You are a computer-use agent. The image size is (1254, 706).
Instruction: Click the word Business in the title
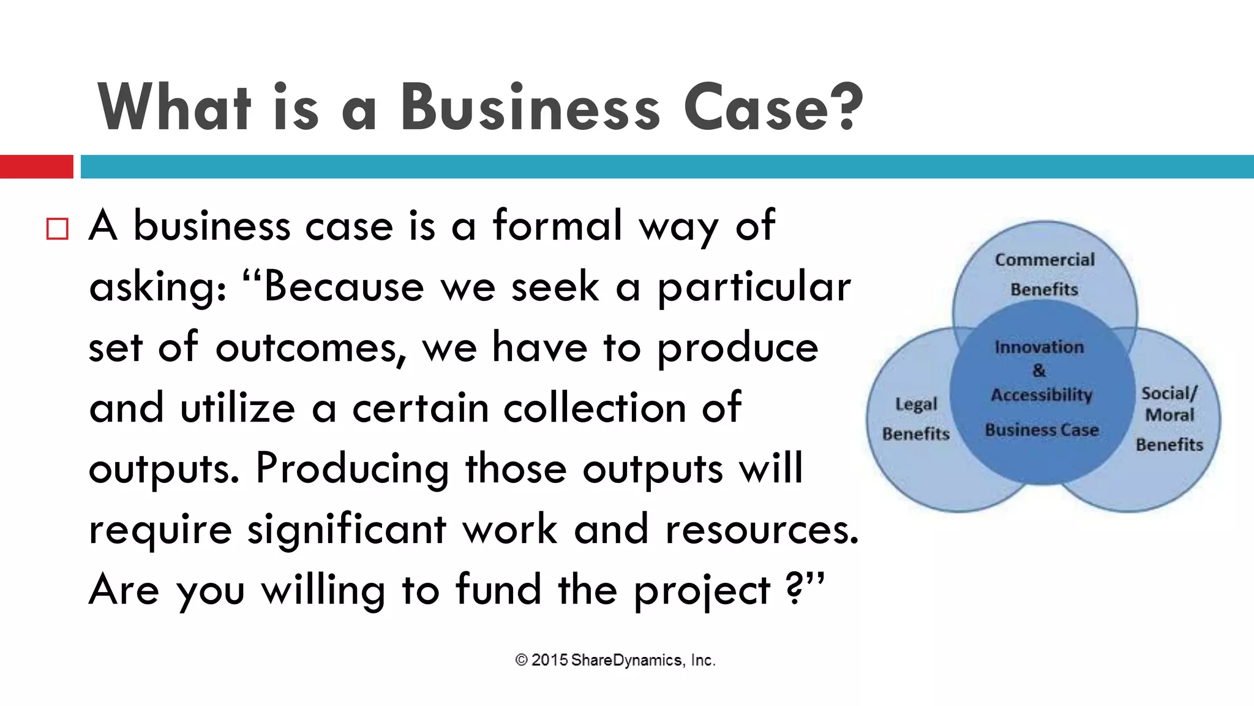click(530, 107)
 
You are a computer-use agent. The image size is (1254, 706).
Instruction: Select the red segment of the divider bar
click(36, 167)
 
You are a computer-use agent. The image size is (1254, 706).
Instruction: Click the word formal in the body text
click(557, 226)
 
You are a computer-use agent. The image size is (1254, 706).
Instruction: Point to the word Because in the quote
click(344, 286)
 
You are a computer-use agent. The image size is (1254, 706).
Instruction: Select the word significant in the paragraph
click(347, 529)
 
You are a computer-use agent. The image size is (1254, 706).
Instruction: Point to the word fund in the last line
click(498, 590)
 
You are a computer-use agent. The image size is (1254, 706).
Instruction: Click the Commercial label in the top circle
click(1045, 260)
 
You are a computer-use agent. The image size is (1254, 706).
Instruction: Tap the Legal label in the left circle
click(916, 404)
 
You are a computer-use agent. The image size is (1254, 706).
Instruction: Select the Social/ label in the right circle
click(1169, 393)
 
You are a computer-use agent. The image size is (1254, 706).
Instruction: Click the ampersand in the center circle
click(1039, 371)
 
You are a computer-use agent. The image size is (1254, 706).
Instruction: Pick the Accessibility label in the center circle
click(1042, 395)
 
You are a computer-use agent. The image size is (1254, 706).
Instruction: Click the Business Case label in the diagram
click(1042, 430)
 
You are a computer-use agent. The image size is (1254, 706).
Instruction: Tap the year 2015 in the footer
click(549, 660)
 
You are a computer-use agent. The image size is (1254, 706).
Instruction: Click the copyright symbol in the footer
click(521, 660)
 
